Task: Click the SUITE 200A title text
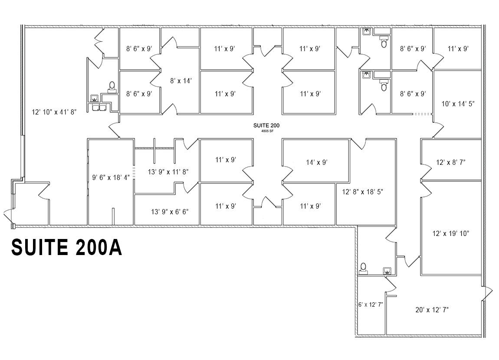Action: tap(66, 247)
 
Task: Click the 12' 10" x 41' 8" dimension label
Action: tap(54, 112)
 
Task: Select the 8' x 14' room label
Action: tap(181, 80)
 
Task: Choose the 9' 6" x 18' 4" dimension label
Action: tap(111, 177)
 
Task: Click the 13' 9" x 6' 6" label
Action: tap(167, 212)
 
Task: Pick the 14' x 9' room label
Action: tap(316, 162)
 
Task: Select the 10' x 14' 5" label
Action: tap(458, 104)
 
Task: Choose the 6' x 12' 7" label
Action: tap(371, 304)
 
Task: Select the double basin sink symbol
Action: tap(99, 107)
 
